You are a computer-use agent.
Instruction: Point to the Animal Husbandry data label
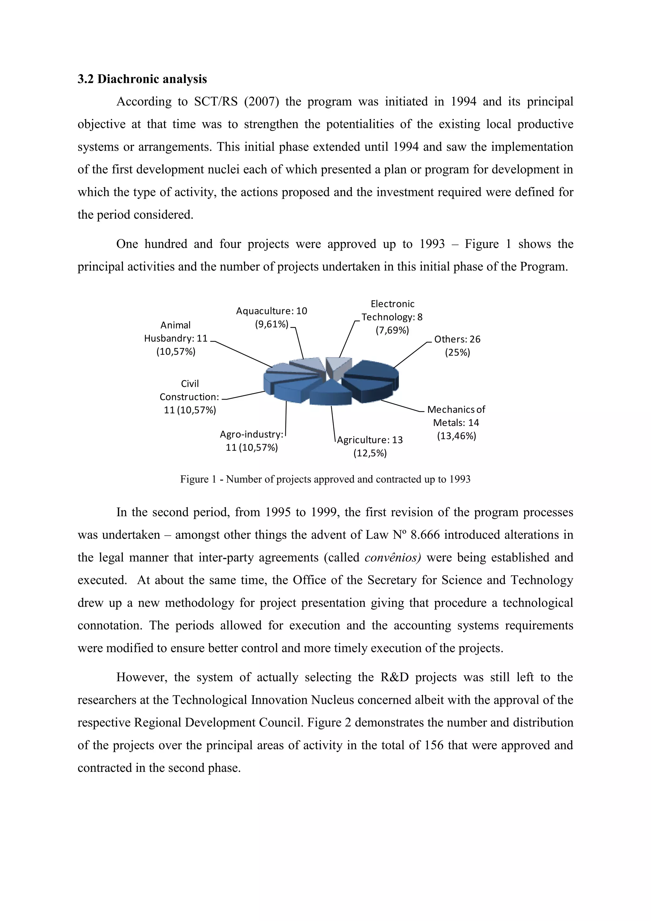176,338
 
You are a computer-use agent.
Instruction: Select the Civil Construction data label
189,397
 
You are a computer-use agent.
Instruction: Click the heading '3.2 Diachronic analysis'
142,79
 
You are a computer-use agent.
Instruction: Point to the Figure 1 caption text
325,479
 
